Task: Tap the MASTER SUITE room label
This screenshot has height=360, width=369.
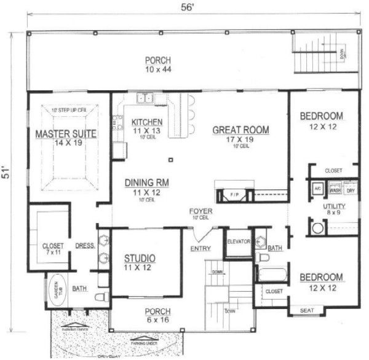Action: click(x=60, y=134)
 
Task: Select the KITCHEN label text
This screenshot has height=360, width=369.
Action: click(x=147, y=122)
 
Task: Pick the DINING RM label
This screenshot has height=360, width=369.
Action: click(x=146, y=182)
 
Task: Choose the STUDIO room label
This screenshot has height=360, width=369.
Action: click(x=139, y=257)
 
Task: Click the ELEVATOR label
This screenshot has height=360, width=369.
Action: click(x=238, y=241)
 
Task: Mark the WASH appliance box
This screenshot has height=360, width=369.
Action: click(x=335, y=190)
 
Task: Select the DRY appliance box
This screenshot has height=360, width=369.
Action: click(x=351, y=190)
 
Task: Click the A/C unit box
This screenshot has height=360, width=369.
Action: click(x=319, y=189)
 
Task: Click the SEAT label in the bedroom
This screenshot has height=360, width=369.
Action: click(x=306, y=311)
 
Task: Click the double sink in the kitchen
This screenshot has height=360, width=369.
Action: click(x=146, y=98)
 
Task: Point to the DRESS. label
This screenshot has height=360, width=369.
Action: click(x=84, y=246)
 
